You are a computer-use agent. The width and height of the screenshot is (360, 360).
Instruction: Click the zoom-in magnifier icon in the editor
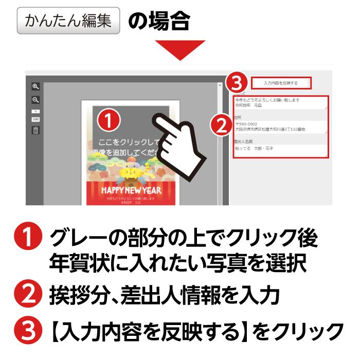tap(35, 86)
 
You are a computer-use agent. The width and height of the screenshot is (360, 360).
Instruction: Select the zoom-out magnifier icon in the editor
tap(35, 100)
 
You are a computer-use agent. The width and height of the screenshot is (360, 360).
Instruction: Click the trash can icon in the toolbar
tap(35, 130)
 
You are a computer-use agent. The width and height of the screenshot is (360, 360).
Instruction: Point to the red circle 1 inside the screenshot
tap(109, 120)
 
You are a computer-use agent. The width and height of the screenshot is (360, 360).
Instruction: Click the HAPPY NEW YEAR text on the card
tap(131, 190)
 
